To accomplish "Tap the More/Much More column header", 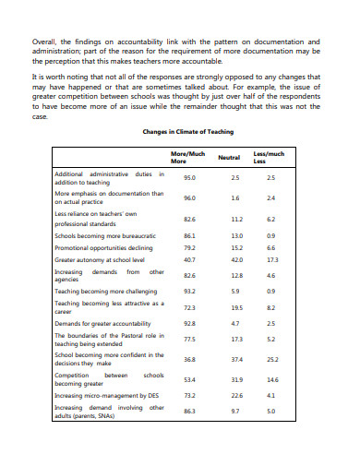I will pyautogui.click(x=189, y=158).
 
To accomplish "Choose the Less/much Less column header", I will pyautogui.click(x=270, y=158).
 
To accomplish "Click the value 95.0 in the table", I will pyautogui.click(x=189, y=177).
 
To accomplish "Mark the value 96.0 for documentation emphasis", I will pyautogui.click(x=189, y=197).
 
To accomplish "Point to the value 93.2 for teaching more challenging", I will pyautogui.click(x=189, y=291).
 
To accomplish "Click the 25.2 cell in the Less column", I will pyautogui.click(x=270, y=359).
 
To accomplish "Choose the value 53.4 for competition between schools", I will pyautogui.click(x=189, y=379).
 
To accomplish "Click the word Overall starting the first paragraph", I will pyautogui.click(x=45, y=42).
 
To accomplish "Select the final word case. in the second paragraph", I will pyautogui.click(x=39, y=117).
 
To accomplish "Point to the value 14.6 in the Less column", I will pyautogui.click(x=270, y=379).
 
